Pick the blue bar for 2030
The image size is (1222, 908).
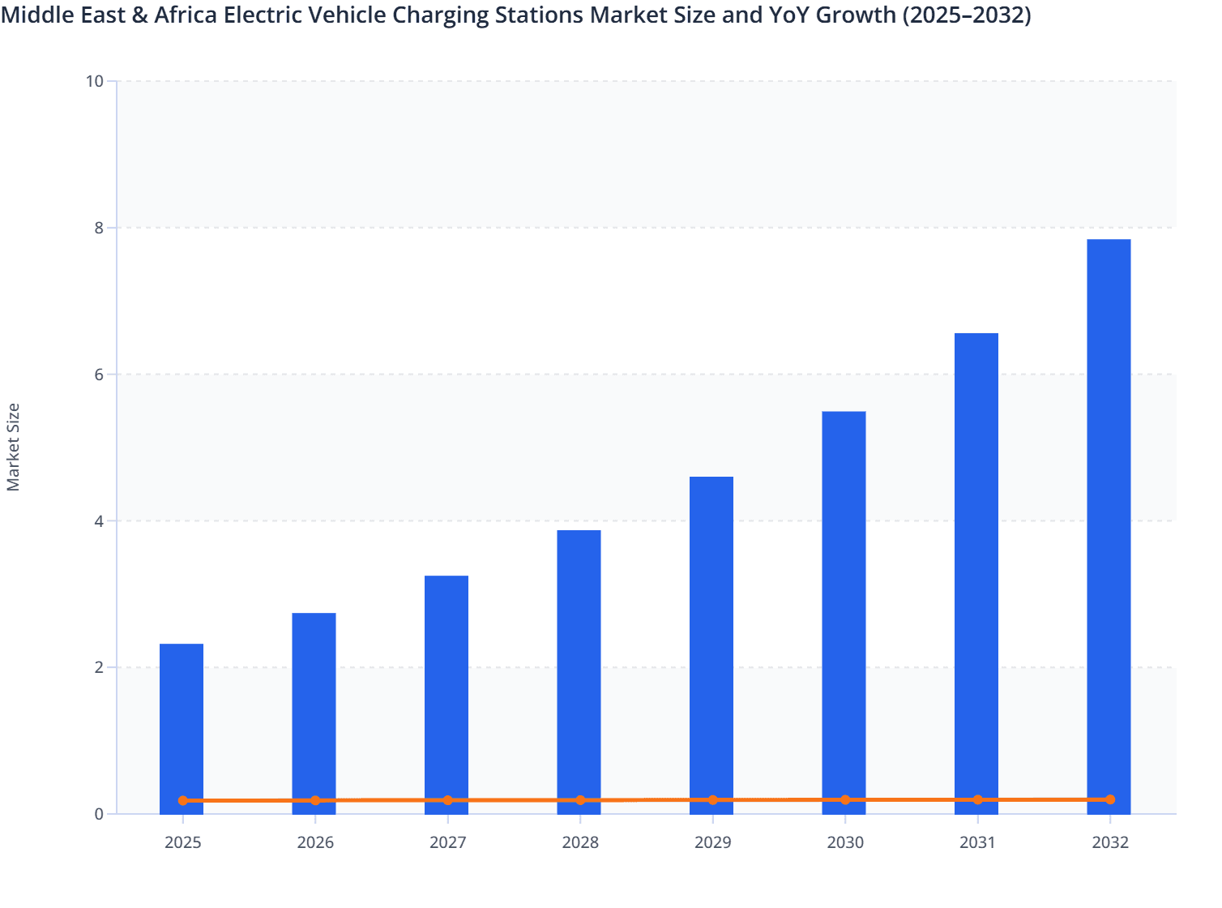click(x=844, y=608)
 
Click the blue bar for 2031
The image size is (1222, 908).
click(x=976, y=567)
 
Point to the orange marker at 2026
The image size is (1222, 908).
click(x=315, y=800)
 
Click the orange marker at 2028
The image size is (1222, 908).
click(x=580, y=800)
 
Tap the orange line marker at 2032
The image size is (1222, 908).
click(x=1110, y=799)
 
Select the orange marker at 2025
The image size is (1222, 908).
click(x=183, y=800)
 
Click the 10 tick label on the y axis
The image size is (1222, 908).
click(x=94, y=81)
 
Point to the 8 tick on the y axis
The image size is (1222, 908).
click(x=99, y=228)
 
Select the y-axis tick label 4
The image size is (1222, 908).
click(x=99, y=521)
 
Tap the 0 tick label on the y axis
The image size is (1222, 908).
click(x=99, y=814)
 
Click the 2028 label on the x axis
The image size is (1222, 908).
click(x=580, y=842)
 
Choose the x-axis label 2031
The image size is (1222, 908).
click(x=977, y=842)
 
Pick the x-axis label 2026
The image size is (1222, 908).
click(x=315, y=842)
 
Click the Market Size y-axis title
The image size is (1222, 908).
click(x=14, y=448)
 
